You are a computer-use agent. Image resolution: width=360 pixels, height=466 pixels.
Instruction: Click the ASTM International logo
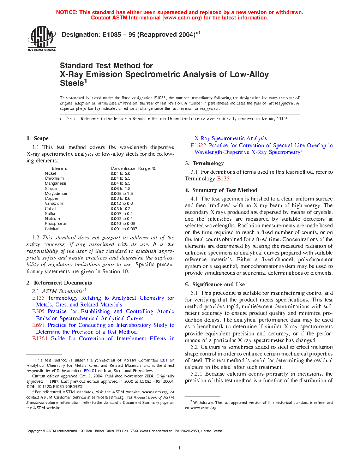click(42, 39)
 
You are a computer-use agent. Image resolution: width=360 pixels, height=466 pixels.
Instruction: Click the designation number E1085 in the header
click(112, 35)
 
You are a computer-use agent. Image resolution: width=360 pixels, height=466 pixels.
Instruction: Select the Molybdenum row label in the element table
click(56, 193)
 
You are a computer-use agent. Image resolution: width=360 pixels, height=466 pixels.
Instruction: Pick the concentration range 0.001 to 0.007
click(124, 229)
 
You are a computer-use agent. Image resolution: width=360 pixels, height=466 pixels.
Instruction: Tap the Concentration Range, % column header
click(133, 168)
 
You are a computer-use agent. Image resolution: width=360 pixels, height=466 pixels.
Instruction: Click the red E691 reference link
click(38, 325)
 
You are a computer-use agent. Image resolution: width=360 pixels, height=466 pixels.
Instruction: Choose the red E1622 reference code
click(198, 145)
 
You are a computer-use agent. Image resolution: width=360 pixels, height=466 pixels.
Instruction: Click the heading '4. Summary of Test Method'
click(221, 190)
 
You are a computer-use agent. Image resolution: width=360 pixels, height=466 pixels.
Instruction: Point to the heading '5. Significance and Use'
click(215, 285)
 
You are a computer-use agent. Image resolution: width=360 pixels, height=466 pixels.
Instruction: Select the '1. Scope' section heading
click(37, 138)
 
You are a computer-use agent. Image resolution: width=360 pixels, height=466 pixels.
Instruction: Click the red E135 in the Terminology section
click(223, 179)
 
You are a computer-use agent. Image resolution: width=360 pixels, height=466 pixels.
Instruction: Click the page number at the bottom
click(180, 448)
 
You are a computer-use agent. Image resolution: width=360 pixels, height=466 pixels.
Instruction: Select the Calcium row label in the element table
click(52, 229)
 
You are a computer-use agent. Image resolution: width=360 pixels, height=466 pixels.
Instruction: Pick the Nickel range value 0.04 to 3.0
click(120, 173)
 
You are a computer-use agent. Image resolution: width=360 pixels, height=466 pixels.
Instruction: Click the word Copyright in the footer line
click(34, 431)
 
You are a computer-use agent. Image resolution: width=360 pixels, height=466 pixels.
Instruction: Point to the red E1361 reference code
click(40, 339)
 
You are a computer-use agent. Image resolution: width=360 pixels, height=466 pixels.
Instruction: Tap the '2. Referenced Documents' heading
click(59, 283)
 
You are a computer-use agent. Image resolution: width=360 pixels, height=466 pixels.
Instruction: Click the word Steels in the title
click(72, 83)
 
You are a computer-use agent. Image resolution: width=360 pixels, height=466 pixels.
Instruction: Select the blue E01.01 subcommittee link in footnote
click(90, 371)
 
